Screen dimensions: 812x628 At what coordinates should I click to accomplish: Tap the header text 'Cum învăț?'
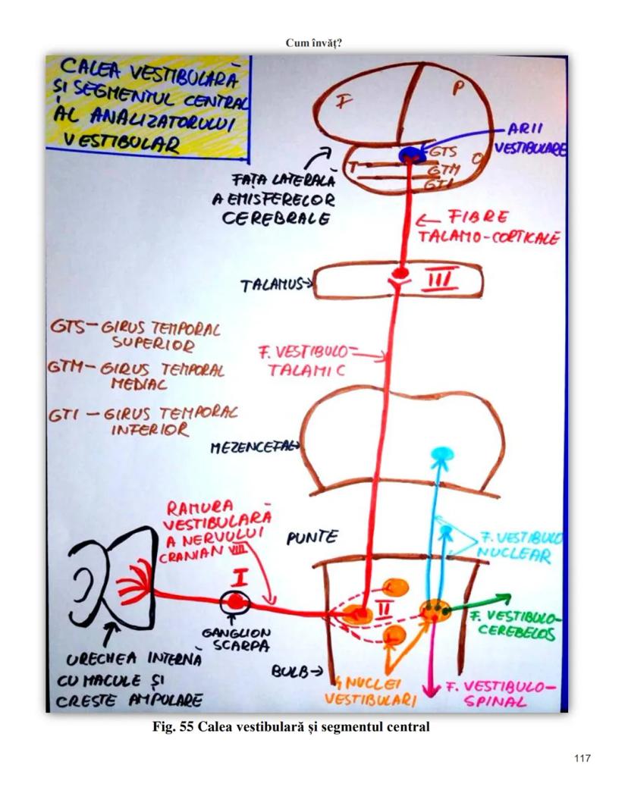[x=314, y=42]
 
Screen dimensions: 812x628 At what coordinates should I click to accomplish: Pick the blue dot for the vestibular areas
[x=411, y=154]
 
